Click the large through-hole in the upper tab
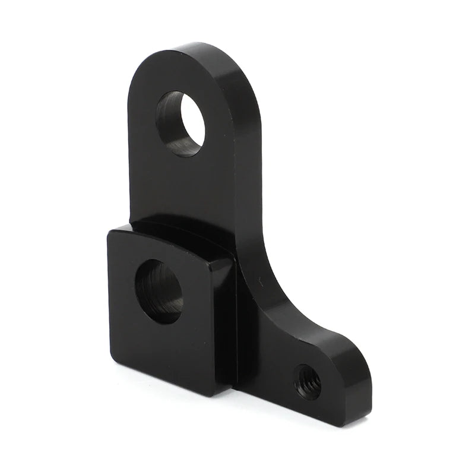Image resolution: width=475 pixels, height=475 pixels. pos(180,123)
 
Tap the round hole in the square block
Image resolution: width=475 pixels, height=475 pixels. pos(160,291)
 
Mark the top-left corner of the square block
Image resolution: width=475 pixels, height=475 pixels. pos(110,233)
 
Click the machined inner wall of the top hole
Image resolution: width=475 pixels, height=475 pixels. pos(169,128)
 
